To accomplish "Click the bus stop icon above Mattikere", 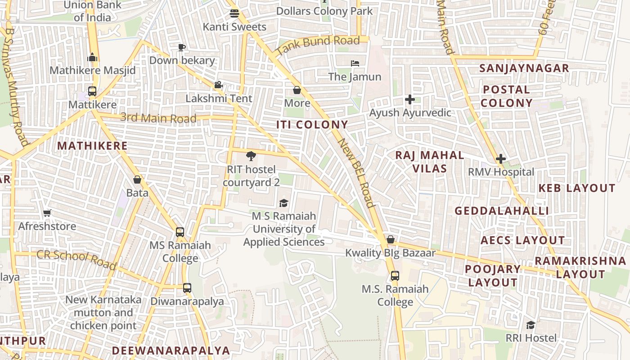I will point(92,91).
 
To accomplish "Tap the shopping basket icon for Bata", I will point(137,180).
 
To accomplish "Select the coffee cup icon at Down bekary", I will point(182,47).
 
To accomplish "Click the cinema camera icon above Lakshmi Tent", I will point(218,85).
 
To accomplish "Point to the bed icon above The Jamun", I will point(355,63).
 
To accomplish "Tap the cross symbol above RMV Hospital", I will point(500,159).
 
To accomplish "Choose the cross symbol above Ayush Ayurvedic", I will point(409,99).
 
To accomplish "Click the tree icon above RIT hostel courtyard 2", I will point(251,156).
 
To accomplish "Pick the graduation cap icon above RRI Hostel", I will point(531,325).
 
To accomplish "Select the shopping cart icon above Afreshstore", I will point(47,213).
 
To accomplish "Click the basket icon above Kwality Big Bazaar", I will point(391,239).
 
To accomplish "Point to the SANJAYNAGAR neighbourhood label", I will point(524,68).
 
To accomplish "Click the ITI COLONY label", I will point(312,125).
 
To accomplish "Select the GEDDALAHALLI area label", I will point(502,211).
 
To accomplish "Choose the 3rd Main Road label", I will point(158,118).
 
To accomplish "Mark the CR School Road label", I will point(76,260).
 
